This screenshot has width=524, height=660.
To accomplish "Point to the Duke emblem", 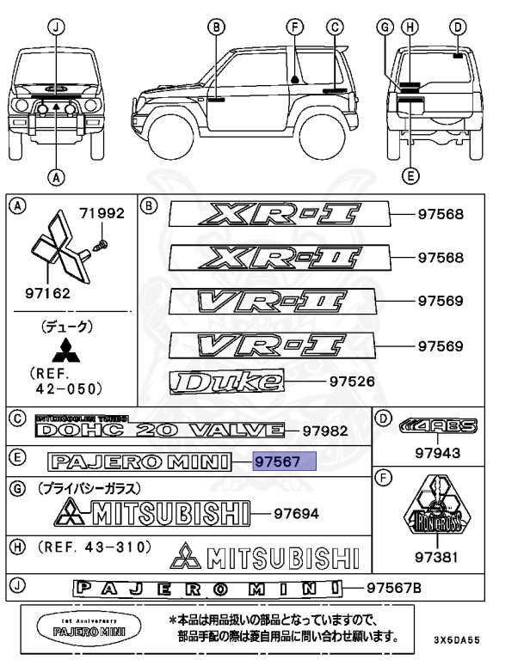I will [x=229, y=381].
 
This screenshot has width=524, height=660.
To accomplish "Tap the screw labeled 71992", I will [x=100, y=245].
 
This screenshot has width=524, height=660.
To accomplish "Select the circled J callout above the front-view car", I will [x=56, y=27].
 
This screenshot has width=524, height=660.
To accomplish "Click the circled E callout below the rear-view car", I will [x=410, y=175].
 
